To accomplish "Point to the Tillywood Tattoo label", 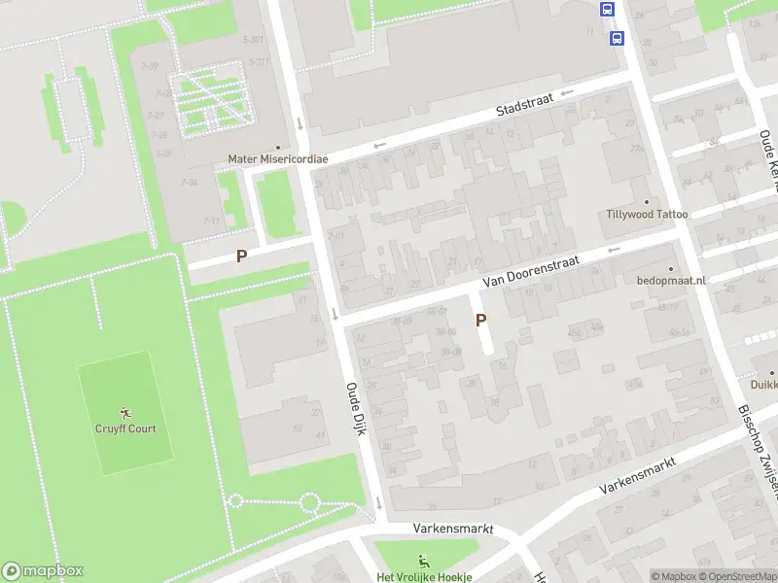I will pyautogui.click(x=647, y=214).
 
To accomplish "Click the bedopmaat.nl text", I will pyautogui.click(x=670, y=280).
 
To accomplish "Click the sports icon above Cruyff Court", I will pyautogui.click(x=124, y=413).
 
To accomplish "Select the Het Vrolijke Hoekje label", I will pyautogui.click(x=424, y=576).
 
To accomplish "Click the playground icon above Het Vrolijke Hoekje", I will pyautogui.click(x=423, y=560).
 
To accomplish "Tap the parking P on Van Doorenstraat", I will pyautogui.click(x=480, y=319).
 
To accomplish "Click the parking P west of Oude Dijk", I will pyautogui.click(x=241, y=257).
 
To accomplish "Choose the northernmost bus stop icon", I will pyautogui.click(x=608, y=10).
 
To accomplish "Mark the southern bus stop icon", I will pyautogui.click(x=617, y=38).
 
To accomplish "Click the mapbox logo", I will pyautogui.click(x=43, y=571).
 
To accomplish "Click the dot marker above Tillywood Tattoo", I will pyautogui.click(x=647, y=201).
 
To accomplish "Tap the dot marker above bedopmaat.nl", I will pyautogui.click(x=670, y=268).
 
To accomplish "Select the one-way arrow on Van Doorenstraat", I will pyautogui.click(x=613, y=250).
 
